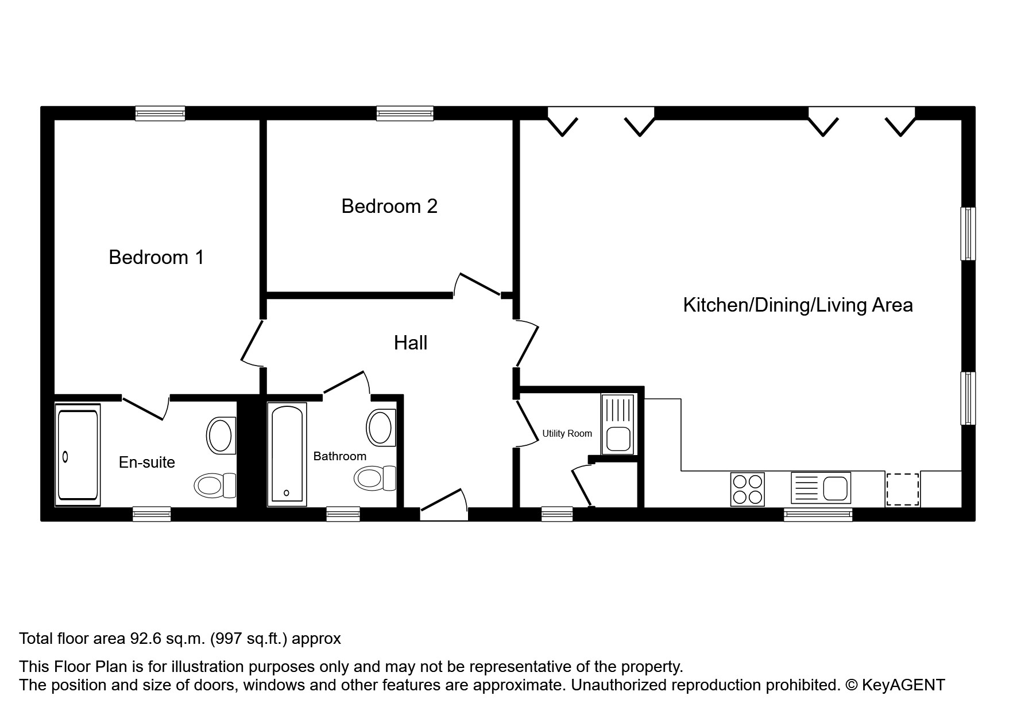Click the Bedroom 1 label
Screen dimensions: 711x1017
[x=156, y=257]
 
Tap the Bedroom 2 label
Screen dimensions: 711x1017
[x=389, y=206]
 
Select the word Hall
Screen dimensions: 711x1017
[x=411, y=343]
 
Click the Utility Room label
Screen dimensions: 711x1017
[x=567, y=434]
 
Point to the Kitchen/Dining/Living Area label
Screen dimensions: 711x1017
[x=798, y=305]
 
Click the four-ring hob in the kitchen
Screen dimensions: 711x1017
[x=747, y=489]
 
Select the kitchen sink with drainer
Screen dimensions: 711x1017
[x=821, y=488]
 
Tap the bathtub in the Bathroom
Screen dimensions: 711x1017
[x=287, y=454]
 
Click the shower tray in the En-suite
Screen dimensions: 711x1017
[x=78, y=455]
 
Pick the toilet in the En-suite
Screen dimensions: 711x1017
[x=215, y=485]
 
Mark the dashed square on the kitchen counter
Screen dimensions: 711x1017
[x=902, y=489]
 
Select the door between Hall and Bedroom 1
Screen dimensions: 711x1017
[x=251, y=343]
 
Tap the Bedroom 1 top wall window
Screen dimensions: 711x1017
[x=160, y=114]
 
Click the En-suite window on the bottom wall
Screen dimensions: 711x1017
[x=152, y=514]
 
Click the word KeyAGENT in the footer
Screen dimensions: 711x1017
[x=903, y=685]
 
